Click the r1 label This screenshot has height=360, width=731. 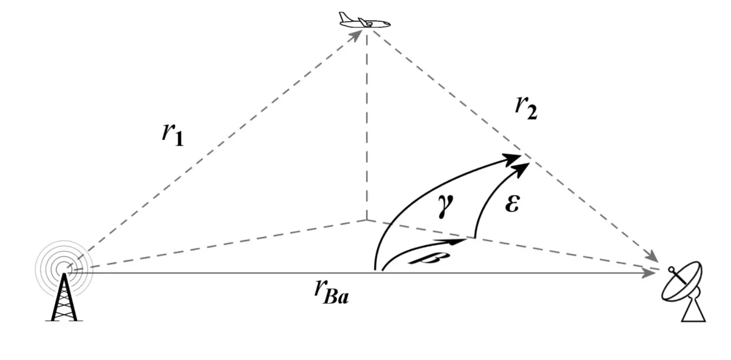pyautogui.click(x=172, y=135)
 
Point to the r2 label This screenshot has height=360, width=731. pyautogui.click(x=526, y=109)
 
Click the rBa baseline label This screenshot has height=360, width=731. pyautogui.click(x=332, y=293)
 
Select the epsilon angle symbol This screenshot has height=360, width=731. pyautogui.click(x=512, y=204)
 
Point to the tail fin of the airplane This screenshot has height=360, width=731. pyautogui.click(x=343, y=17)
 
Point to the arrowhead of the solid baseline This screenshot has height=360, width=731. pyautogui.click(x=649, y=273)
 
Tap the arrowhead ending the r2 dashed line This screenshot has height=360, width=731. pyautogui.click(x=652, y=256)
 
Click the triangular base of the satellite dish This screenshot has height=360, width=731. pyautogui.click(x=694, y=309)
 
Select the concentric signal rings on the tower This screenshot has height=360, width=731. pyautogui.click(x=64, y=269)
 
